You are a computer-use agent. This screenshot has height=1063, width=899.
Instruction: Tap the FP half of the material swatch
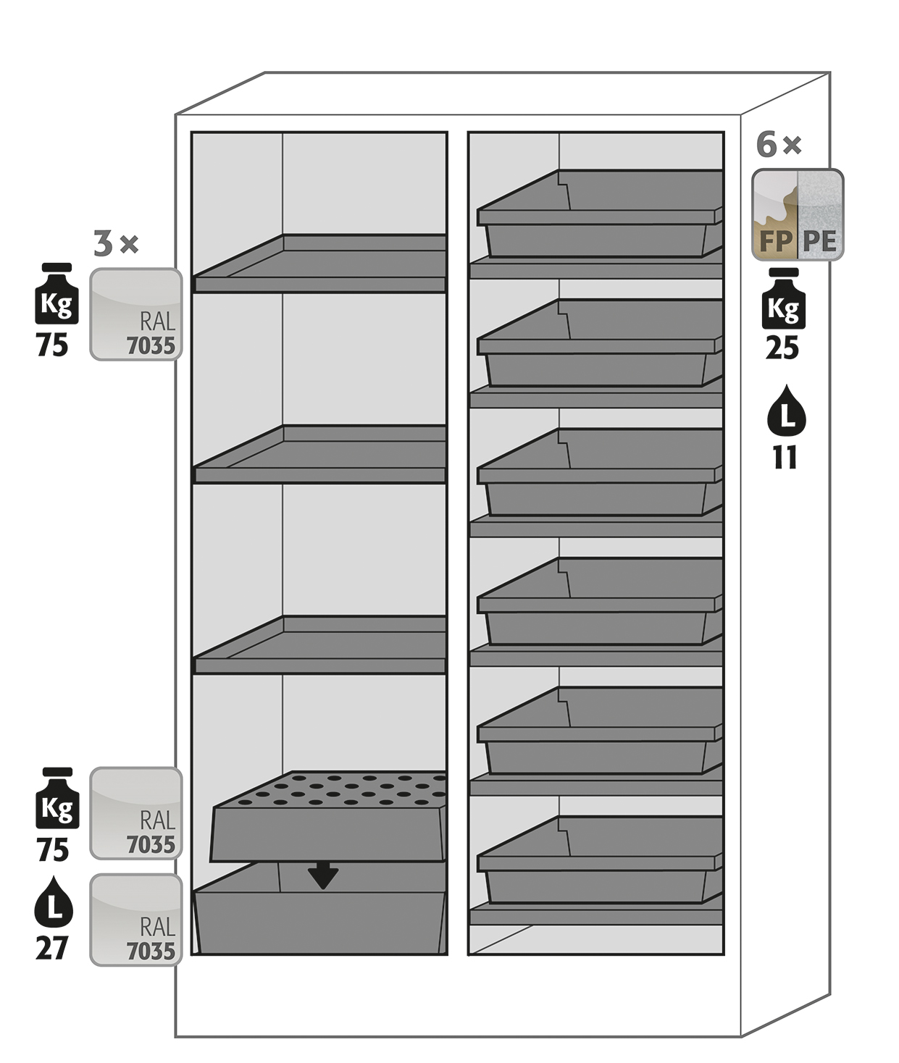[x=774, y=216]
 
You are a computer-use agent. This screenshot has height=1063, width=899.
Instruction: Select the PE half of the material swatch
[x=821, y=216]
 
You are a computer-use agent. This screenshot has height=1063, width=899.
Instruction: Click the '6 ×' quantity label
[x=779, y=145]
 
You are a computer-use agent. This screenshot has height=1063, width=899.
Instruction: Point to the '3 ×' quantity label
[x=116, y=244]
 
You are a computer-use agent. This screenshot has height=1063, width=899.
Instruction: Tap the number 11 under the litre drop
[x=785, y=458]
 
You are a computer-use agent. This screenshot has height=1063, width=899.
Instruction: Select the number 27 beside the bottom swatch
[x=52, y=948]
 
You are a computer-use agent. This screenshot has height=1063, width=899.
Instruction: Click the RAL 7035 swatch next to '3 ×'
[x=136, y=314]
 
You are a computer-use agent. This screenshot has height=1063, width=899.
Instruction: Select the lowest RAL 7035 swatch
[x=136, y=920]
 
